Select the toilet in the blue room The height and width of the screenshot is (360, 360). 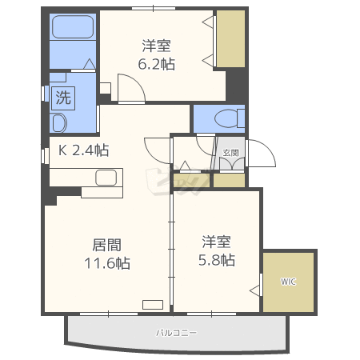(229, 119)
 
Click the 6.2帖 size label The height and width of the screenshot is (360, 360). (156, 64)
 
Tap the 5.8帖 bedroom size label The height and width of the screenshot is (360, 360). (217, 260)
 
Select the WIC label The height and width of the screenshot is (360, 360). (288, 282)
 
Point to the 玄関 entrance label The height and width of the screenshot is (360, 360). (230, 151)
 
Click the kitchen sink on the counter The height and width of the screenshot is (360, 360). (106, 178)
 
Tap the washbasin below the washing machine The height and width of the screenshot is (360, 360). (58, 122)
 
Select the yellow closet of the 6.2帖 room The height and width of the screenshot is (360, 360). (230, 38)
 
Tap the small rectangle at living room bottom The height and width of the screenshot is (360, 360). (151, 303)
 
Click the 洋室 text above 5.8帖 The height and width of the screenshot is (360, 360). (216, 241)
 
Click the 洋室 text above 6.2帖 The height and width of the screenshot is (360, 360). (156, 45)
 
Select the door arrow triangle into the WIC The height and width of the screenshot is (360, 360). (256, 289)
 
